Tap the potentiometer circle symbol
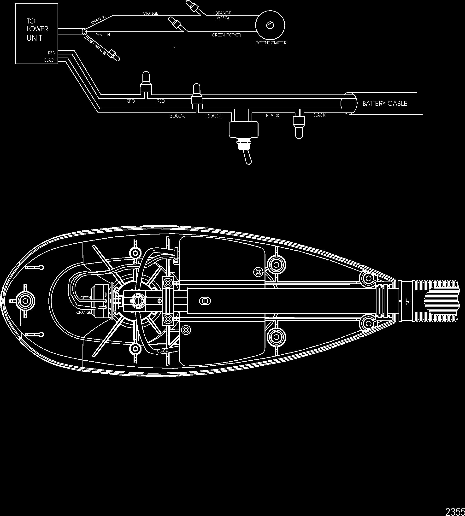pyautogui.click(x=270, y=25)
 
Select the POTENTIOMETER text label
pyautogui.click(x=271, y=43)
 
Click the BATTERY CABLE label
pyautogui.click(x=384, y=103)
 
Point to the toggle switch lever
pyautogui.click(x=247, y=157)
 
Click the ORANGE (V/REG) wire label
pyautogui.click(x=223, y=15)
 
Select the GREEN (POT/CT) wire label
pyautogui.click(x=226, y=35)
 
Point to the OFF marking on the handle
pyautogui.click(x=408, y=302)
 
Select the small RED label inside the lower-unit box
pyautogui.click(x=51, y=53)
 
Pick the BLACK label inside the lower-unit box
pyautogui.click(x=50, y=60)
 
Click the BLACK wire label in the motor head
pyautogui.click(x=163, y=351)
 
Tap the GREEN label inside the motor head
pyautogui.click(x=86, y=298)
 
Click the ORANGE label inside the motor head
pyautogui.click(x=83, y=312)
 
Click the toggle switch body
pyautogui.click(x=244, y=129)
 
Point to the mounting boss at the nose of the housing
pyautogui.click(x=25, y=301)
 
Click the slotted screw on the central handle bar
pyautogui.click(x=205, y=301)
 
